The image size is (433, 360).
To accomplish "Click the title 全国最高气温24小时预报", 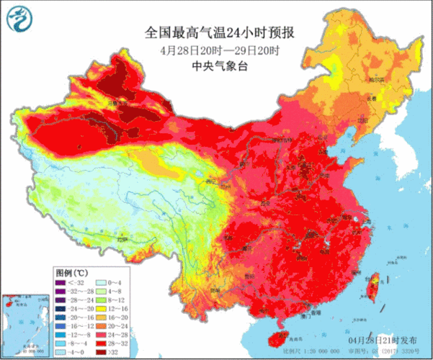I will point(216,33).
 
